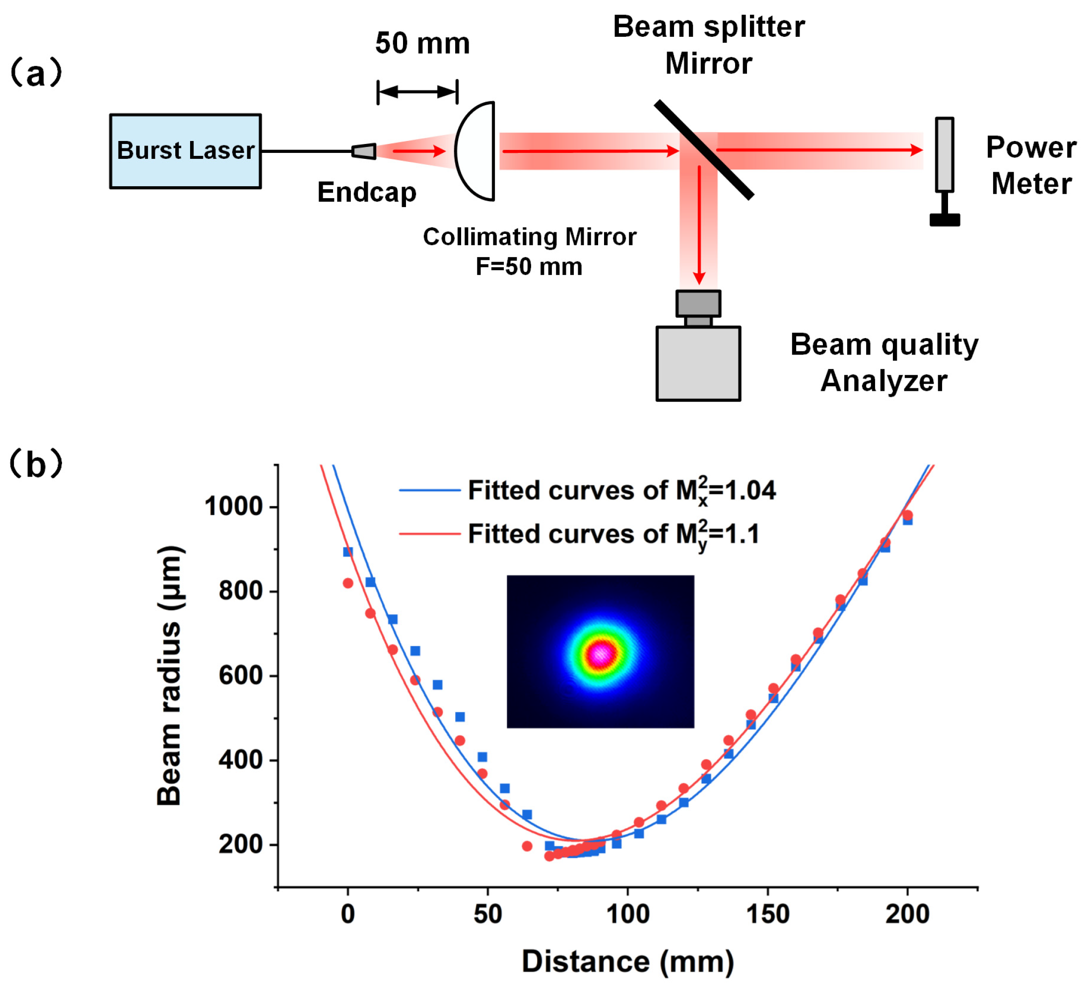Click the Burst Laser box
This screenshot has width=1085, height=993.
tap(185, 151)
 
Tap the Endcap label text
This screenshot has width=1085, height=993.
tap(366, 192)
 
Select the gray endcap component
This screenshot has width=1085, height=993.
tap(364, 151)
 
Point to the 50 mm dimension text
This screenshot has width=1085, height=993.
tap(422, 43)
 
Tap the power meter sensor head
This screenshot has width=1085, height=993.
tap(944, 154)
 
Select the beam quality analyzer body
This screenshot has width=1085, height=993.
tap(698, 363)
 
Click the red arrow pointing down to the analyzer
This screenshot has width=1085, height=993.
tap(699, 226)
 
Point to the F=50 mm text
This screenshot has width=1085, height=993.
tap(529, 267)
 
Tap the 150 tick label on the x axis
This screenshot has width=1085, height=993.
tap(767, 914)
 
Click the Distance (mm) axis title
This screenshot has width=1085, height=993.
tap(627, 962)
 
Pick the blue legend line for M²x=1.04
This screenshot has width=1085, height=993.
tap(429, 490)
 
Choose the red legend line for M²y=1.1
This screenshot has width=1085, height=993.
tap(429, 534)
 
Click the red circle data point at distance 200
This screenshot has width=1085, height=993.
tap(907, 515)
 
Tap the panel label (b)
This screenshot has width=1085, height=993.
tap(36, 464)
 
